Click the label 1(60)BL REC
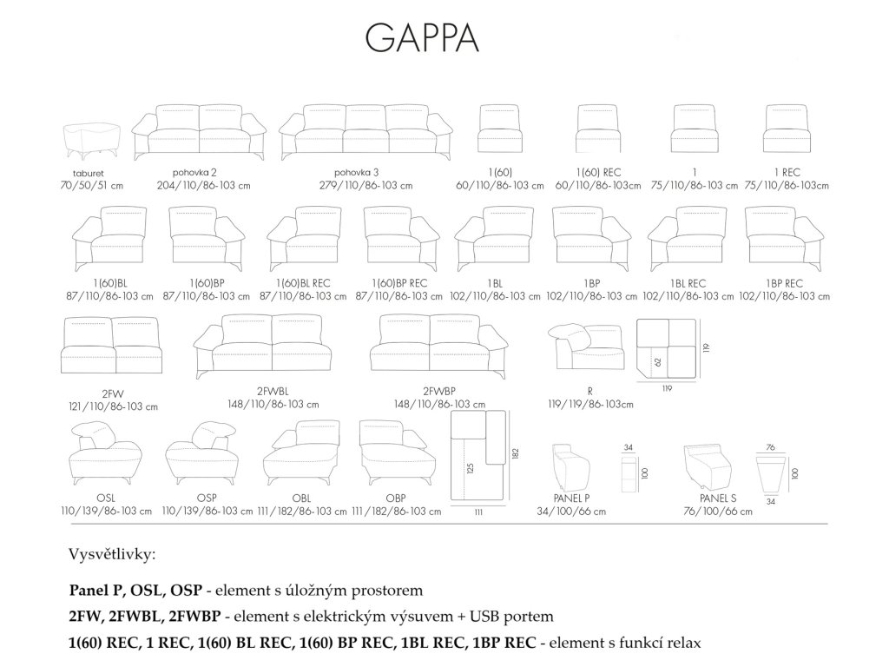click(302, 284)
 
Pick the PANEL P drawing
click(571, 469)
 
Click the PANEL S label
click(717, 500)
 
